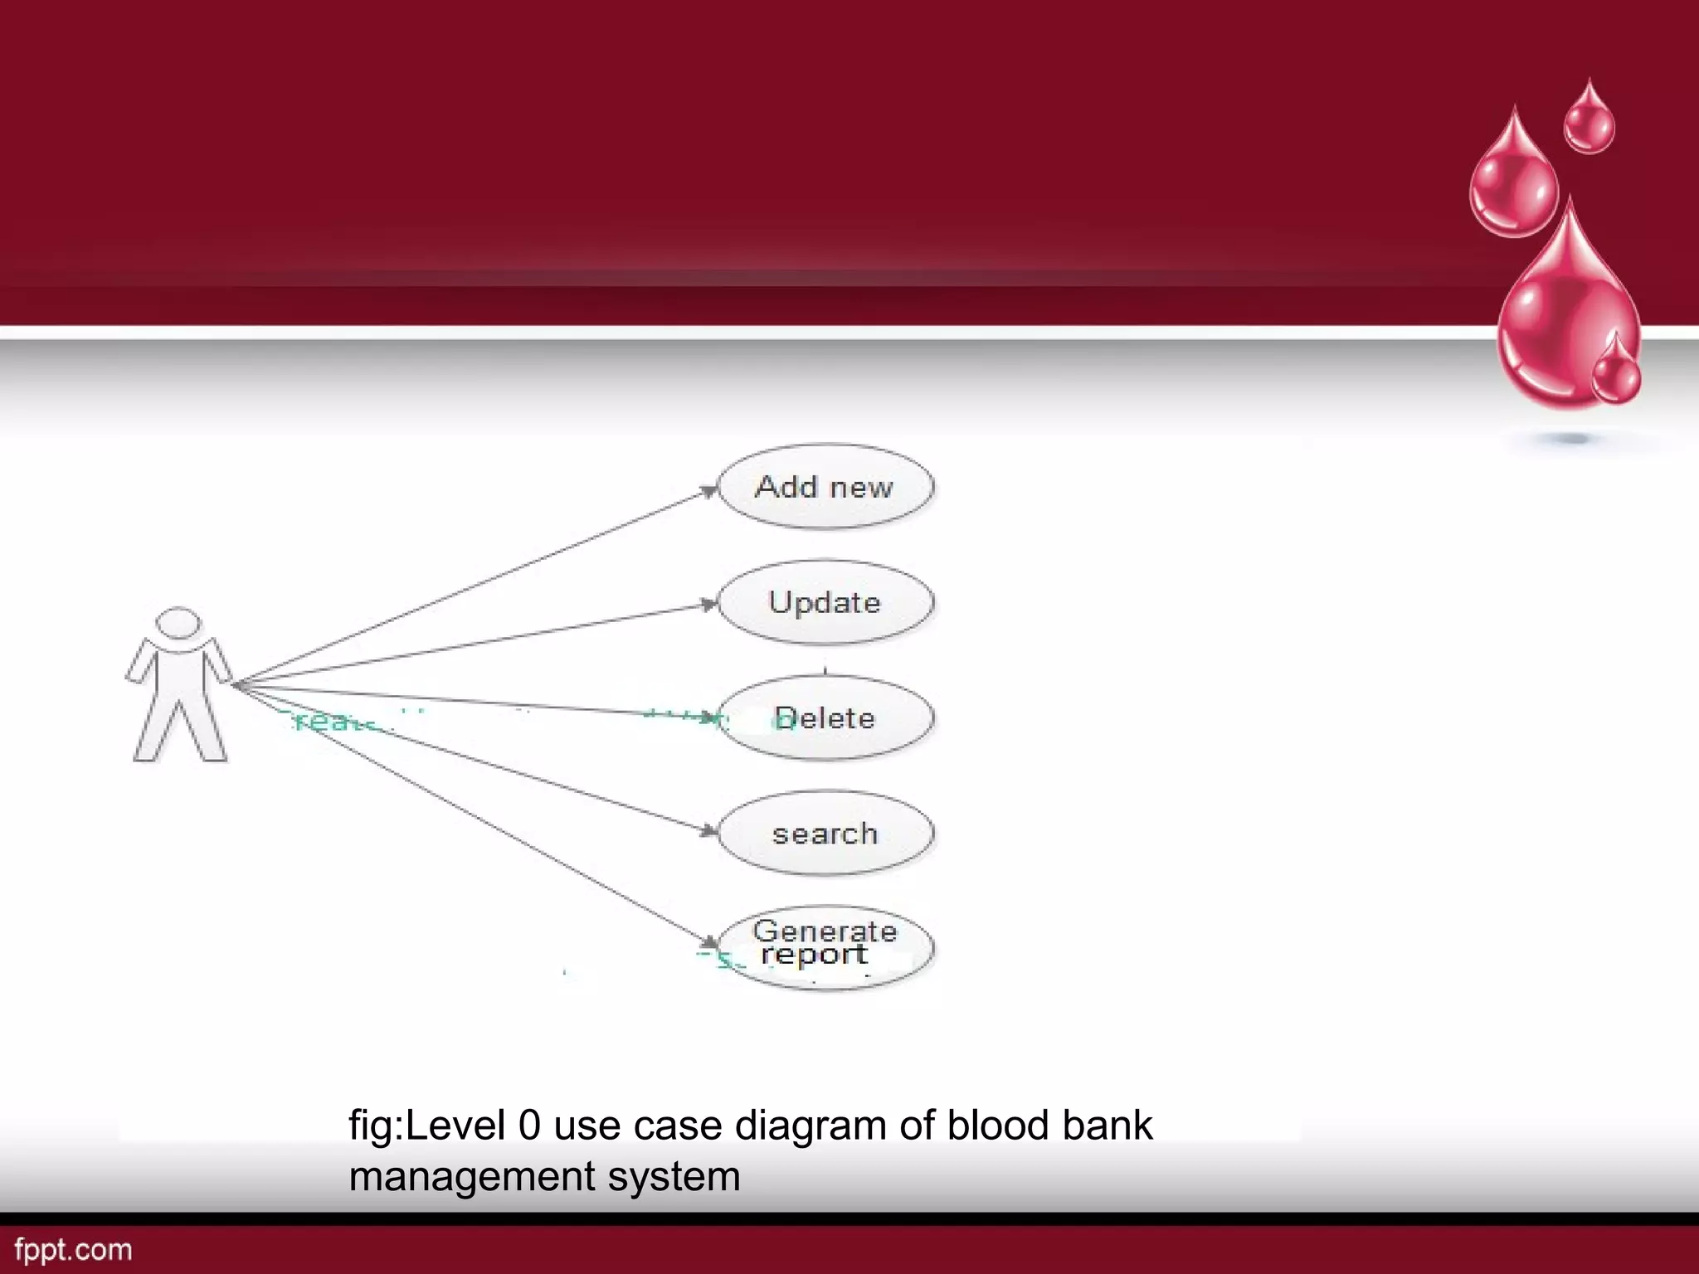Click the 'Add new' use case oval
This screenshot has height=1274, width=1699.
tap(825, 487)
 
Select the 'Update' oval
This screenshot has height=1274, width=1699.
tap(825, 603)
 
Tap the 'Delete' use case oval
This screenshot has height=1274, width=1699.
tap(825, 718)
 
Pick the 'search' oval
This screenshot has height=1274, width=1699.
tap(825, 834)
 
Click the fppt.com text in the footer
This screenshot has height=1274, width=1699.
tap(73, 1250)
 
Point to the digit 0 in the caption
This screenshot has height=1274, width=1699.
tap(529, 1126)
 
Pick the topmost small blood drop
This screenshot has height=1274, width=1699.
tap(1589, 120)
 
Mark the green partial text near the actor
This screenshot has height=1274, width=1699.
tap(332, 721)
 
